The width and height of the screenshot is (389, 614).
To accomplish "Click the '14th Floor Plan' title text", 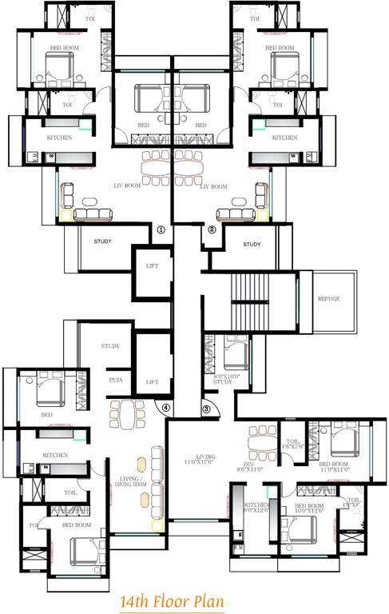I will tap(171, 600).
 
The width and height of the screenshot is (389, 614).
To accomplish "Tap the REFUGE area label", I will tap(328, 298).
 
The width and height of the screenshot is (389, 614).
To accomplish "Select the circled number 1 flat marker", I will tap(161, 229).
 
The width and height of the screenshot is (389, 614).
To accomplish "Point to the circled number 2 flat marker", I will tap(212, 229).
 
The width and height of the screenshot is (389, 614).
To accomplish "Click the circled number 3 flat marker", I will tap(206, 409).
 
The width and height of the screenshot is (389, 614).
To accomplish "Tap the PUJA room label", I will tap(117, 381).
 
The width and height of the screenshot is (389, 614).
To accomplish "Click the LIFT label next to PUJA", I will tap(153, 382).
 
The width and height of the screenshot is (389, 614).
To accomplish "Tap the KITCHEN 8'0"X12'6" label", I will tap(257, 509).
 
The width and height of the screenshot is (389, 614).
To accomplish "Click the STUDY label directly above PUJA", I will tap(110, 346).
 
